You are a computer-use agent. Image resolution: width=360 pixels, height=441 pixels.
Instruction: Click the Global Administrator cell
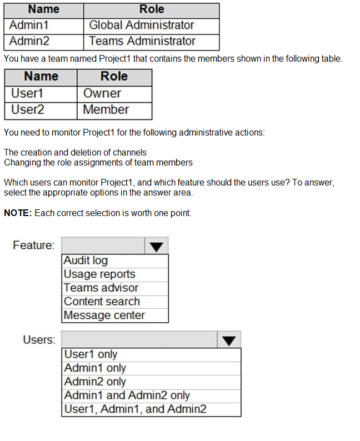142,25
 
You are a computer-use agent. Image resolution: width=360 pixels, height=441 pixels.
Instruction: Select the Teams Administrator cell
142,41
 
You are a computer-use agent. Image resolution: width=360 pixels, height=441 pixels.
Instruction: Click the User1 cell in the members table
27,93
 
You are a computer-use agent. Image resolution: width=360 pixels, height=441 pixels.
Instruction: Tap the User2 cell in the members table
27,110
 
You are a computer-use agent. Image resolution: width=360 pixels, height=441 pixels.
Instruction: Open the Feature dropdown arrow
156,246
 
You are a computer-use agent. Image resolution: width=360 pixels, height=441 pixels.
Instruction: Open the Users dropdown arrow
229,340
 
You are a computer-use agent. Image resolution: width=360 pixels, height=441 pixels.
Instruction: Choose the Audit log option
86,260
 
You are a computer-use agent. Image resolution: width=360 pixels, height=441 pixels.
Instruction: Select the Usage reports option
99,274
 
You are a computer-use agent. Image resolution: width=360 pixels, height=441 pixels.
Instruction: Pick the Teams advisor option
101,288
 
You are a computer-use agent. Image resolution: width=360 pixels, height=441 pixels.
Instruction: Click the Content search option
102,302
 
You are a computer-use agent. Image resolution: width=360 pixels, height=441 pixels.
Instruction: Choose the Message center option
104,315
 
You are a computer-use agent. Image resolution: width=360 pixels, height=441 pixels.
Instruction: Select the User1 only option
91,354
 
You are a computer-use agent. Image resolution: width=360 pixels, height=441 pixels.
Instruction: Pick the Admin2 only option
95,382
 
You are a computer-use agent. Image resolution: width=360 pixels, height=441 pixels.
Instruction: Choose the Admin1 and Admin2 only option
127,395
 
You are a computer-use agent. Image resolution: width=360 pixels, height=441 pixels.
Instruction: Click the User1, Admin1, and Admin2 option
136,409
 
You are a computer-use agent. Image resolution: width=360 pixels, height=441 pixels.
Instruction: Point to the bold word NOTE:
18,213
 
